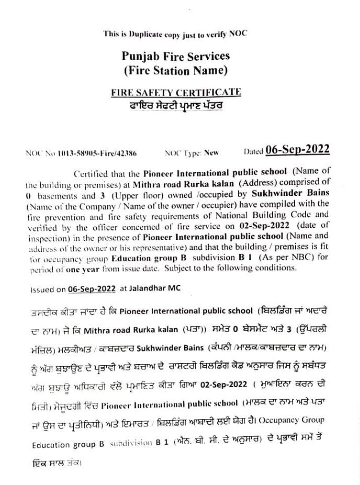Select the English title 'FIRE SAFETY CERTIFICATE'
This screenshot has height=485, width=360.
coord(176,92)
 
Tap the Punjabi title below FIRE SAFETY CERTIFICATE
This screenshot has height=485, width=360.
coord(176,105)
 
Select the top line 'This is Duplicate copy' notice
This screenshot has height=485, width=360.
coord(175,34)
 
